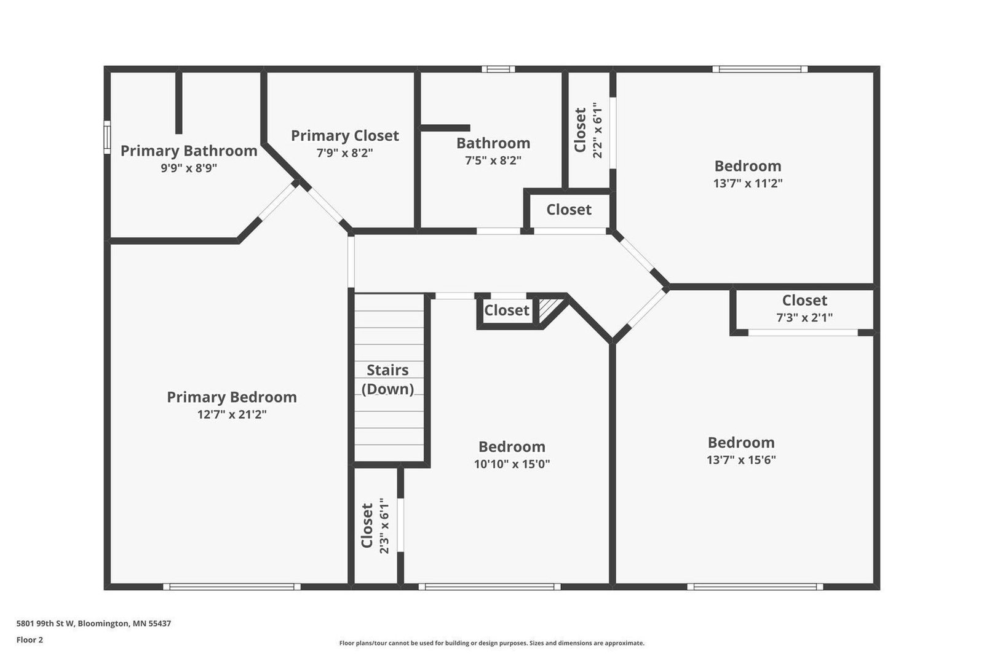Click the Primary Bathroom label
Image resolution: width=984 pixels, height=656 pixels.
189,151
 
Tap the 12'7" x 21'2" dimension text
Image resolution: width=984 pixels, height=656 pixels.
232,414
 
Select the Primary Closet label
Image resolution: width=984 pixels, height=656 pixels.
345,136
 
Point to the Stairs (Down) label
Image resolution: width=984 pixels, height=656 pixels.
387,379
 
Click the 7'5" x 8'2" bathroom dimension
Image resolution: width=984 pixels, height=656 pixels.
493,160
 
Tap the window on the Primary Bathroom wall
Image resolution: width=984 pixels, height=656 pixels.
107,138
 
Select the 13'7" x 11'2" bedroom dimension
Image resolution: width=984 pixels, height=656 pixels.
748,183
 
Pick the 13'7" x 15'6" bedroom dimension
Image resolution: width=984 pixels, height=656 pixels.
741,460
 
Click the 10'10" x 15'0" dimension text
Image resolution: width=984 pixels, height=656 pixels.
512,464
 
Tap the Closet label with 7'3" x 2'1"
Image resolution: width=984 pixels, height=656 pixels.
804,301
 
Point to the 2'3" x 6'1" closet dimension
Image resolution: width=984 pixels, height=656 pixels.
384,526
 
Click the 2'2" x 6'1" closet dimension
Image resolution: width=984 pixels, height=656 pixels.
597,130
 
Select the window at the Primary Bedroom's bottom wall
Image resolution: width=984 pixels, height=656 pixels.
232,587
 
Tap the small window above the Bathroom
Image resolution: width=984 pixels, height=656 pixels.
498,69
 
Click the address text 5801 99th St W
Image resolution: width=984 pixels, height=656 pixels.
46,623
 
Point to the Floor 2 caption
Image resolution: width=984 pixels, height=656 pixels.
30,640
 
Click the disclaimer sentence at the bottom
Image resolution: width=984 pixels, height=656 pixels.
491,643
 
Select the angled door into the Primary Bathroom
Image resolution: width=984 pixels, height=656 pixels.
277,201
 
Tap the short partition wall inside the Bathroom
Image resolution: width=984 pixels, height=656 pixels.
445,128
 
